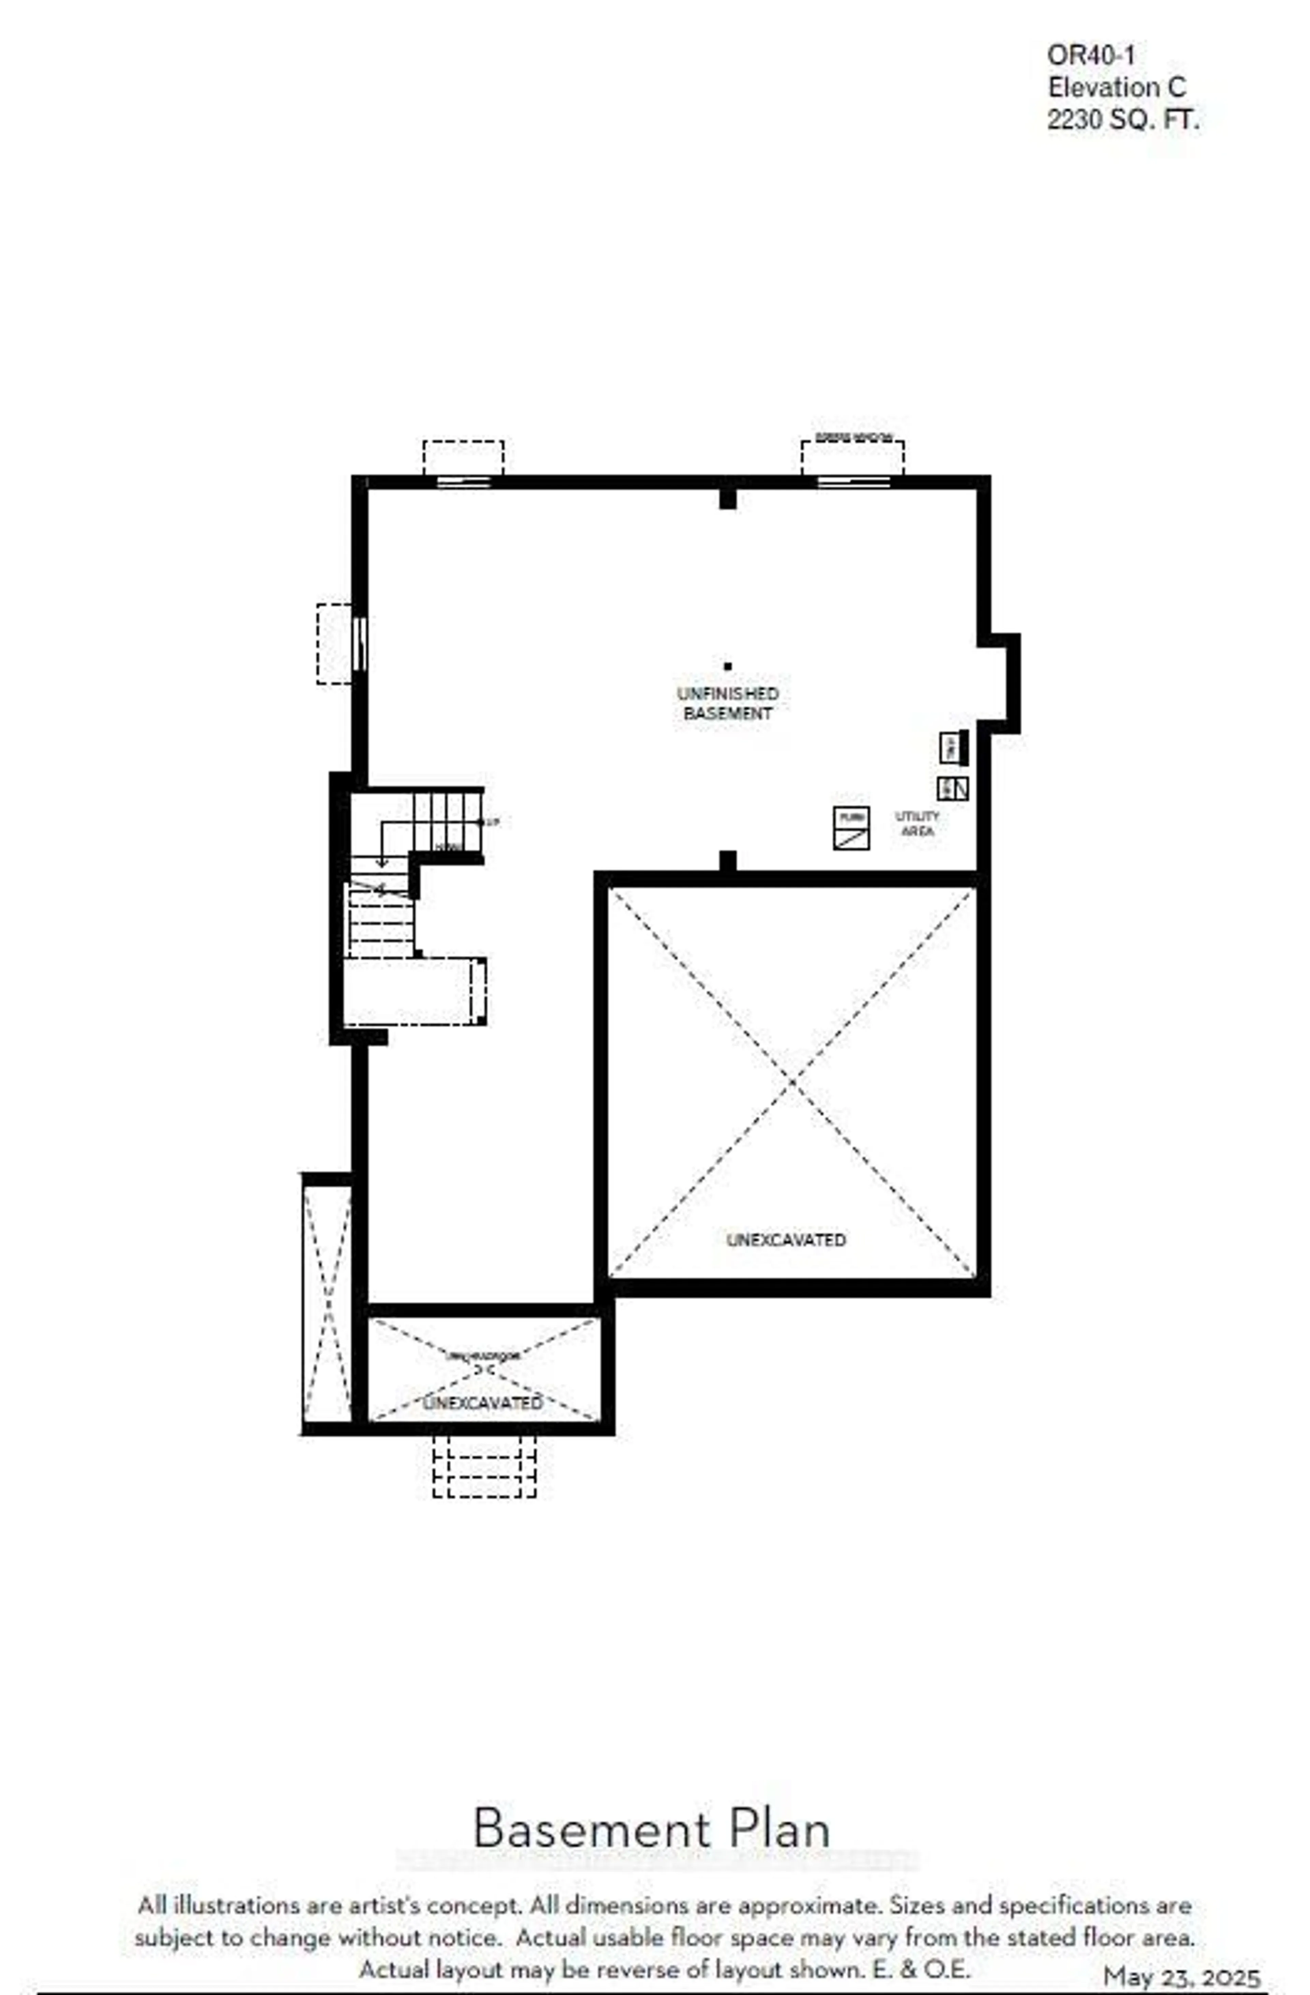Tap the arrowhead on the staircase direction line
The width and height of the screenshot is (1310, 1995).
(381, 863)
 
